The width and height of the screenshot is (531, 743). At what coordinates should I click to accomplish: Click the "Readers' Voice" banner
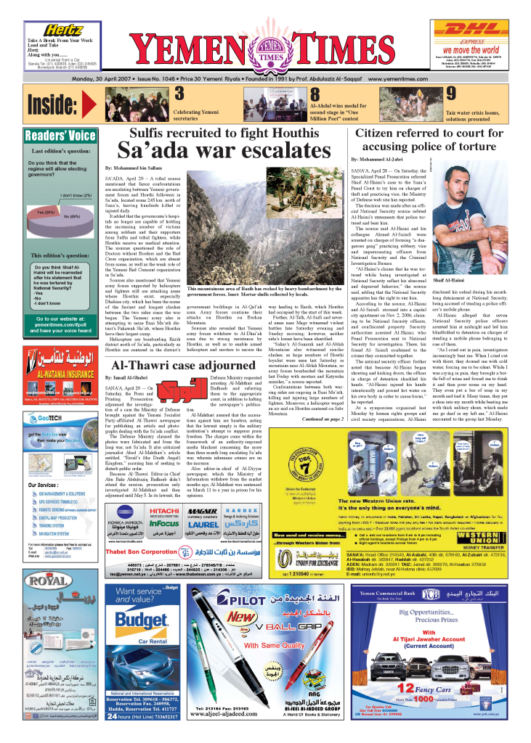coord(60,136)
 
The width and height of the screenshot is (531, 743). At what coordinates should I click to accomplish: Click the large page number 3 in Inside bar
coord(179,94)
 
